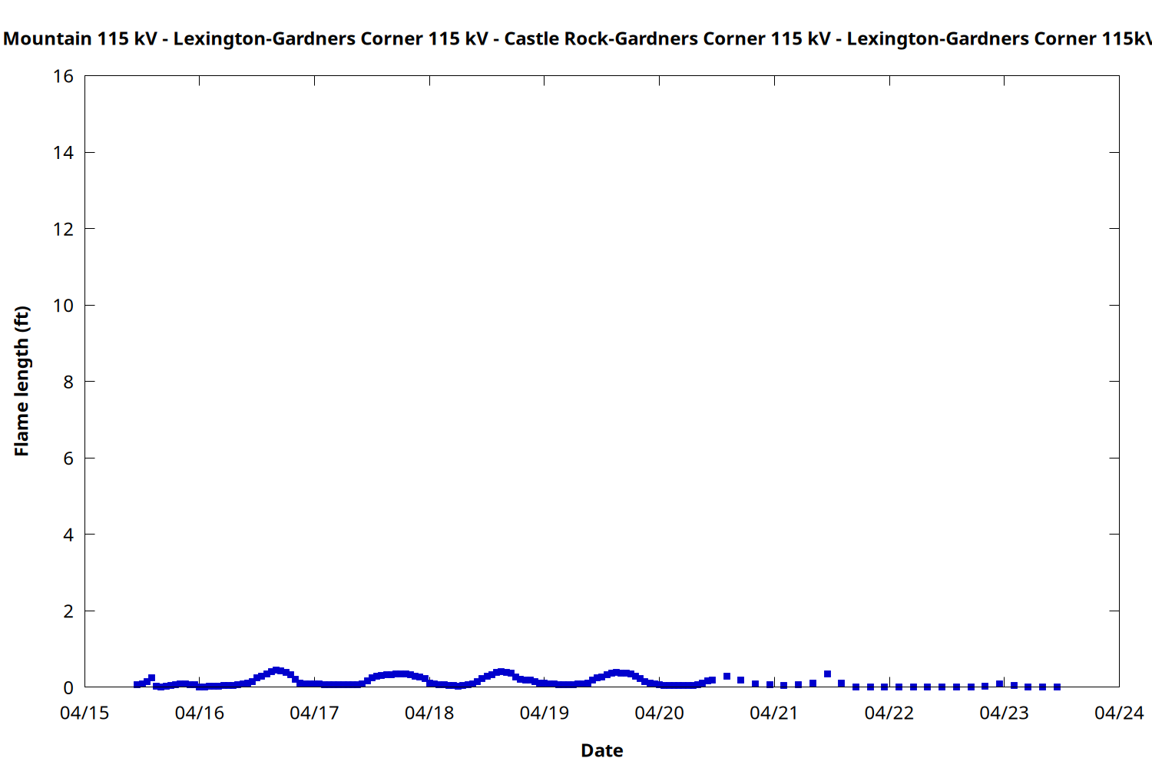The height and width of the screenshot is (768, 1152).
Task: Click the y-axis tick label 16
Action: [63, 76]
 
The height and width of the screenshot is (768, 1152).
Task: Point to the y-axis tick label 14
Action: [63, 153]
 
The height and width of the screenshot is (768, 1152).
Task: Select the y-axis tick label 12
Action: [63, 229]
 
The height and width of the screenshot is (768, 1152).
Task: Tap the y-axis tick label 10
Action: [63, 306]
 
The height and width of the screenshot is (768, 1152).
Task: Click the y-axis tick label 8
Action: [68, 382]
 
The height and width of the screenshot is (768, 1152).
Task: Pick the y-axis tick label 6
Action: [68, 458]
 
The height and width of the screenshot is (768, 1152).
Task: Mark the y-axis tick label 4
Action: [68, 535]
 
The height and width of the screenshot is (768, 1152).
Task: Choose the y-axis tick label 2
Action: [68, 611]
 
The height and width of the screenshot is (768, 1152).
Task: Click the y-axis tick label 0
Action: [68, 687]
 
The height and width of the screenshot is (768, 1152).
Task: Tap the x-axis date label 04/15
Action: [84, 713]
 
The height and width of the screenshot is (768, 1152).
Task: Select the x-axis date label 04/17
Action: [314, 713]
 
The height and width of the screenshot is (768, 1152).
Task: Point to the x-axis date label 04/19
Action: [545, 713]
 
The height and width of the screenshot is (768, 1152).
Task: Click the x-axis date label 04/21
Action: [774, 713]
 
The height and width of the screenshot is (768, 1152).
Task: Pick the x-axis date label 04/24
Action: [1119, 713]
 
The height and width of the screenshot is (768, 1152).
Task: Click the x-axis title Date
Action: [602, 751]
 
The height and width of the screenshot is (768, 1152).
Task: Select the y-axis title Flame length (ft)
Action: [22, 381]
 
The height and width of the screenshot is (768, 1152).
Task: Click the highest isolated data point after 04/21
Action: [827, 674]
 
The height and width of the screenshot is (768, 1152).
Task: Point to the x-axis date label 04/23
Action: [1004, 713]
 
